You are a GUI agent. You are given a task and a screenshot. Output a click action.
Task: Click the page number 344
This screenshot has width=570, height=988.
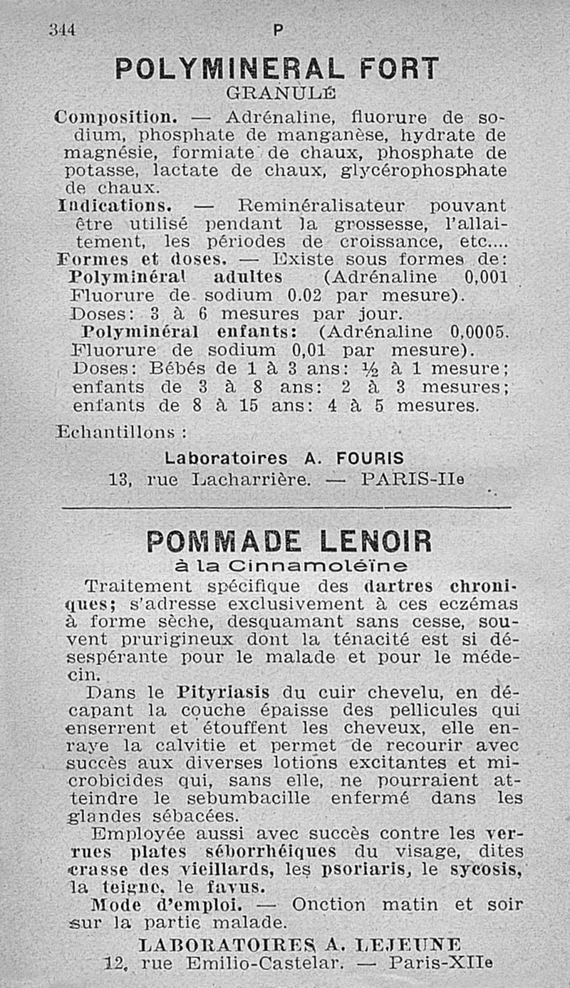(62, 30)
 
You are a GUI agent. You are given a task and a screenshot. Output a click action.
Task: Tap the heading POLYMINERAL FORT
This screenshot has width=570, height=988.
(276, 69)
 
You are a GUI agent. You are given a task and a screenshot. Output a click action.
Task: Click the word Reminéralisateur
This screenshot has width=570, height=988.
(322, 206)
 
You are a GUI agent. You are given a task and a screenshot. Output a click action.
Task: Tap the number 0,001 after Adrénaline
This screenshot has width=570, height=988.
(485, 277)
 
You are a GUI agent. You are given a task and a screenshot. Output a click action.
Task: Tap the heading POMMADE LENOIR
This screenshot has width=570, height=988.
(289, 542)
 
